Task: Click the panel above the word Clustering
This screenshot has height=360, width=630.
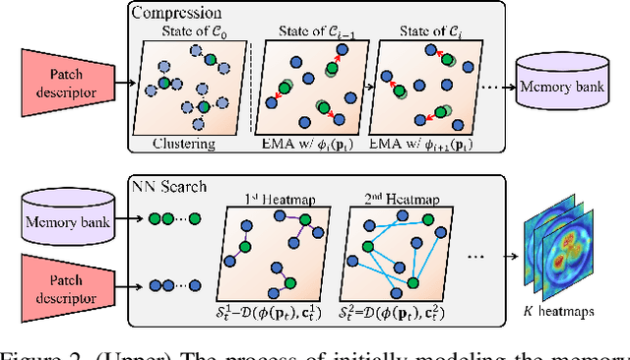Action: (x=184, y=90)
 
